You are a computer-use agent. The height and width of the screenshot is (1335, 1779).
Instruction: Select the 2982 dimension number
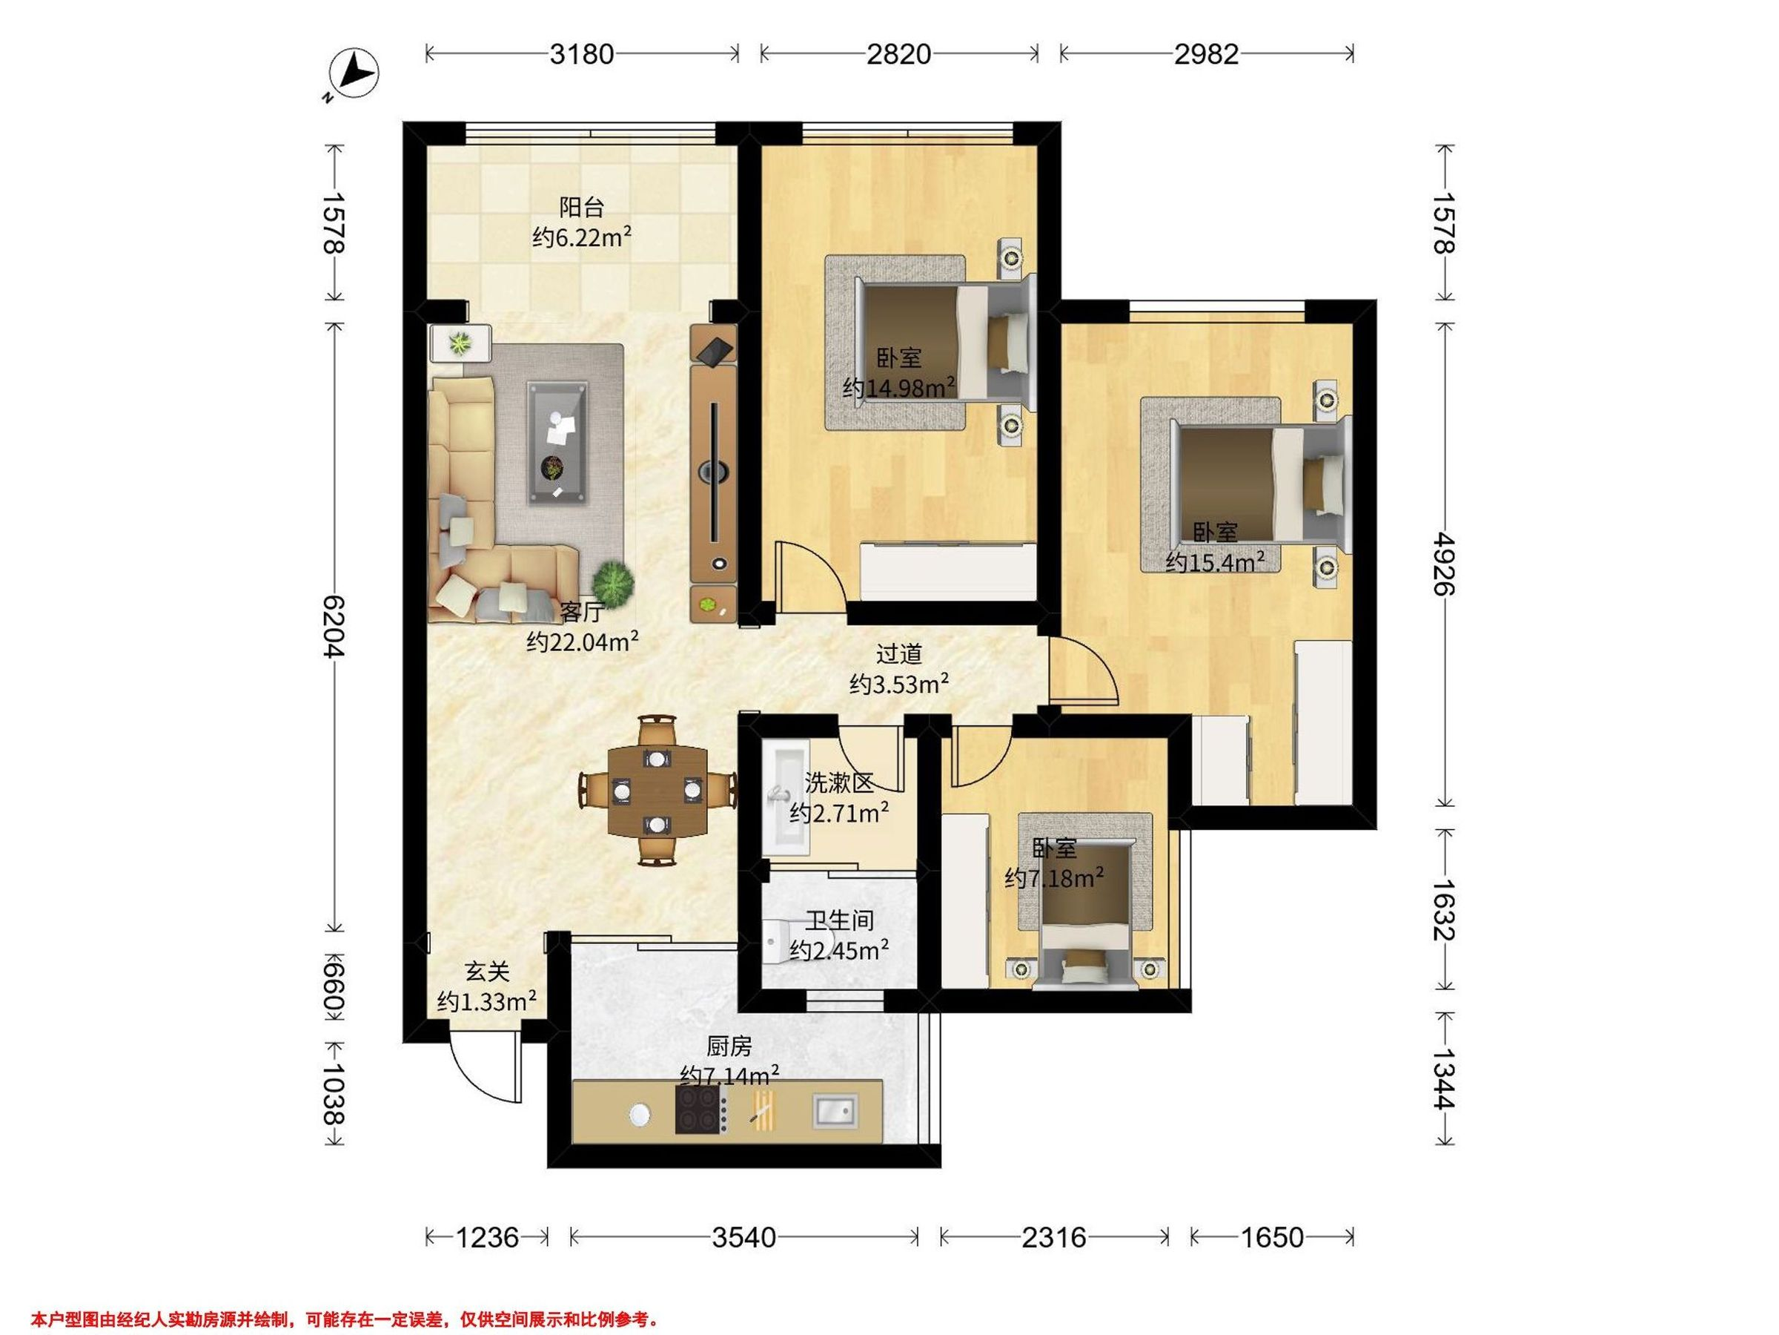[1205, 54]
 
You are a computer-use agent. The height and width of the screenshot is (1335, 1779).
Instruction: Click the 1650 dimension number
[1271, 1236]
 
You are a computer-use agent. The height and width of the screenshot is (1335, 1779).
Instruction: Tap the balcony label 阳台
[581, 207]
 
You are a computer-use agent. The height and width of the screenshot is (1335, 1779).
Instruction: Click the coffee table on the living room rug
[557, 444]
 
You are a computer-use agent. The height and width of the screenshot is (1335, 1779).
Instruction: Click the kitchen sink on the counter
[835, 1110]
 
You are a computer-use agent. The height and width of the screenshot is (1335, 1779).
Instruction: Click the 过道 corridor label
[899, 653]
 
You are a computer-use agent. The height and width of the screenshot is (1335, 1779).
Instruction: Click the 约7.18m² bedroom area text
[1053, 877]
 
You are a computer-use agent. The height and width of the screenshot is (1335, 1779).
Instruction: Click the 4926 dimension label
[1445, 562]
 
